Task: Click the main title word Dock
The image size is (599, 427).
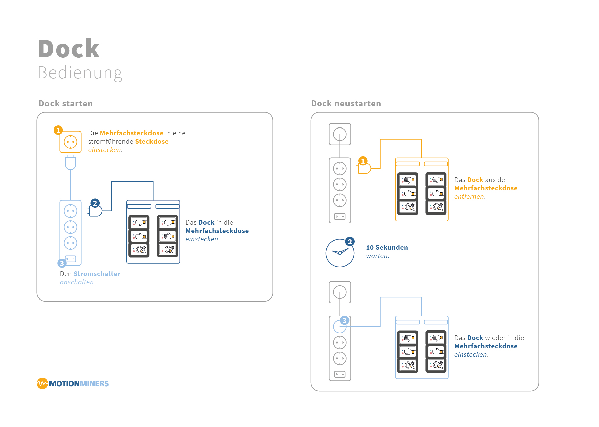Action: point(69,49)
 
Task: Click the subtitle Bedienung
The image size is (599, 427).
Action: point(80,73)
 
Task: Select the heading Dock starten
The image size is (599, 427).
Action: point(66,104)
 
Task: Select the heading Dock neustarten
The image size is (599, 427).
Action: point(346,104)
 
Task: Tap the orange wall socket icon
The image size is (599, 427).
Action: point(71,142)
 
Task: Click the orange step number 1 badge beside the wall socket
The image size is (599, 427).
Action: point(58,130)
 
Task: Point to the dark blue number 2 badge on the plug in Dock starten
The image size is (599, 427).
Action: point(95,203)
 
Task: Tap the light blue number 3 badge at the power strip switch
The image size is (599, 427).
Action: point(62,263)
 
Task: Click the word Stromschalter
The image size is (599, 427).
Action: point(97,274)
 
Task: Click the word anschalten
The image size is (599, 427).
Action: point(77,282)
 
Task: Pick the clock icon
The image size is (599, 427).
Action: point(340,253)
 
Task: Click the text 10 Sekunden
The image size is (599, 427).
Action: point(387,247)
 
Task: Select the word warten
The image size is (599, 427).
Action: point(377,256)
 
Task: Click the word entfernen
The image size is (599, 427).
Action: point(469,197)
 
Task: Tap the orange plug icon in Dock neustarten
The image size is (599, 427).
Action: point(364,168)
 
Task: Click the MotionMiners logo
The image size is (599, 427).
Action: point(73,383)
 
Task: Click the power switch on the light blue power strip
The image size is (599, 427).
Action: point(71,259)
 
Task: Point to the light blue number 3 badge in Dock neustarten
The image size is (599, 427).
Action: point(344,320)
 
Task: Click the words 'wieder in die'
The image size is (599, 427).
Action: point(504,338)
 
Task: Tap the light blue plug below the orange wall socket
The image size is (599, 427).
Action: point(70,163)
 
